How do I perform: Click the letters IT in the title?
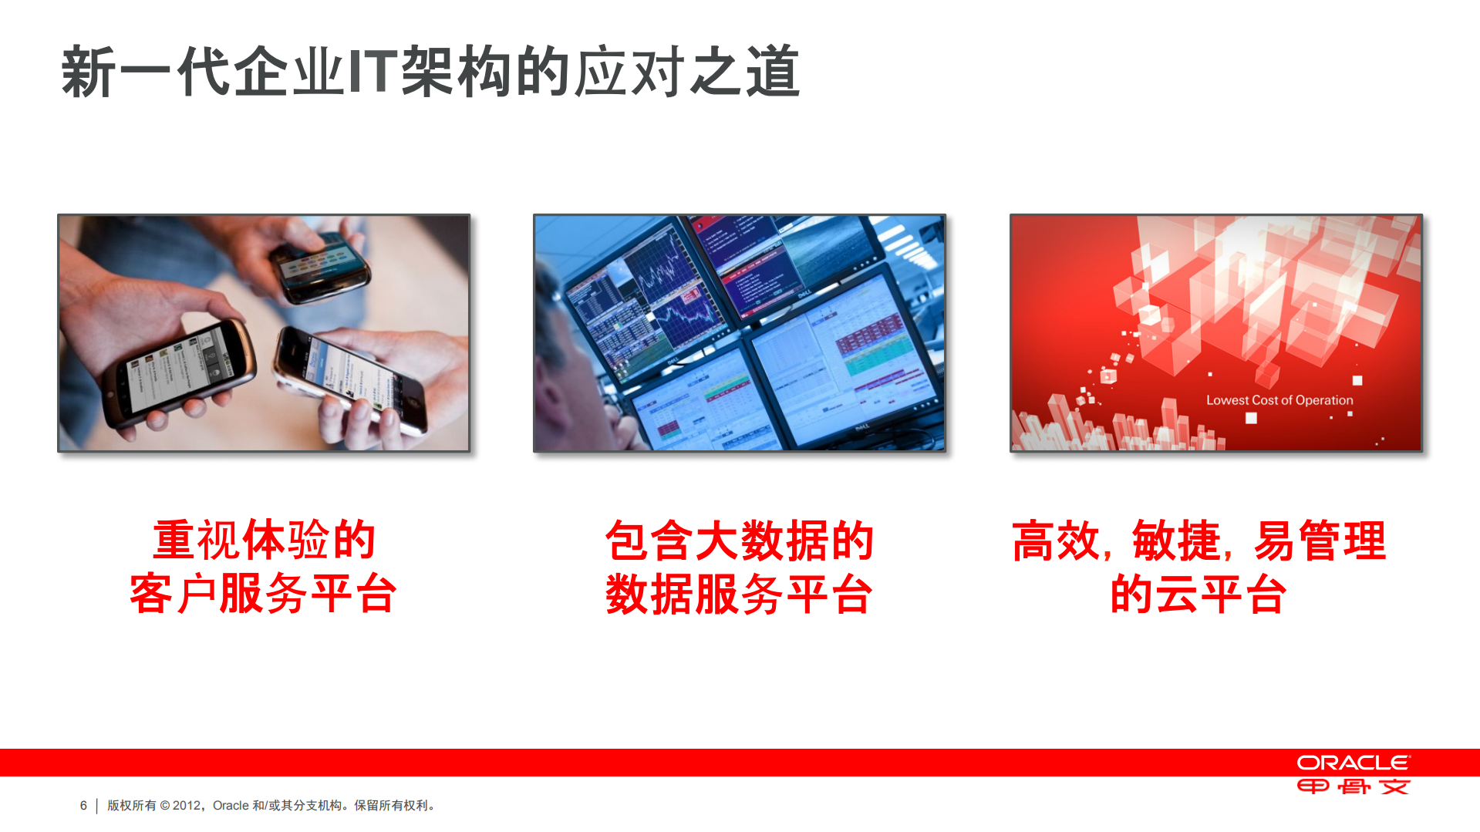pos(373,72)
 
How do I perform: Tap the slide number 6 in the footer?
pos(83,806)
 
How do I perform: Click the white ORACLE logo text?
pos(1353,763)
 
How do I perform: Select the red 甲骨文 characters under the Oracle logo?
pos(1353,787)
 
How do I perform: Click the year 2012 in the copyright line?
pos(187,806)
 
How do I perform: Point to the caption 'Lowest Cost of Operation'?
pos(1279,400)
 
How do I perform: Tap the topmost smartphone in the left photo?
pos(320,266)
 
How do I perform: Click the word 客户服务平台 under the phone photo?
pos(263,594)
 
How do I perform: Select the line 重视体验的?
pos(263,540)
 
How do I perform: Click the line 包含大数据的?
pos(739,540)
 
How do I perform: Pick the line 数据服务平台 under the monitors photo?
pos(739,594)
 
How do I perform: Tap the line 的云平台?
pos(1198,594)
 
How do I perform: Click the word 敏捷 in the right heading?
pos(1176,540)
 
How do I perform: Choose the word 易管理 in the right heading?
pos(1320,540)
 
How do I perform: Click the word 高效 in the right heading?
pos(1056,540)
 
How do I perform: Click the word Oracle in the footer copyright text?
pos(231,806)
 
